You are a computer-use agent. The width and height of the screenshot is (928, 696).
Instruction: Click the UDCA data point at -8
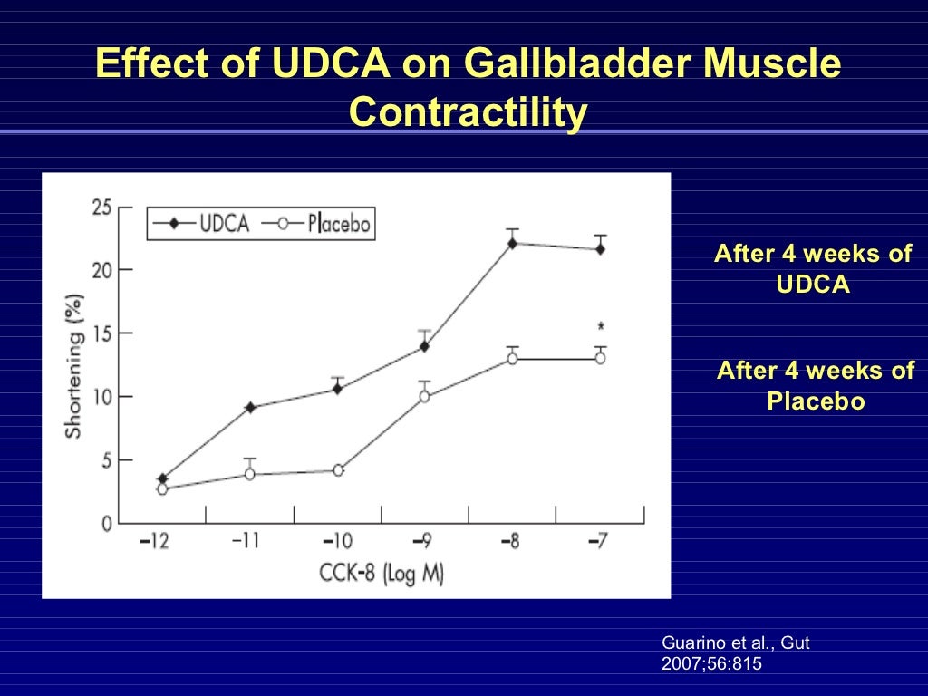pyautogui.click(x=512, y=243)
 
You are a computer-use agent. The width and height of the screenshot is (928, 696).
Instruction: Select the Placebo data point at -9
pyautogui.click(x=424, y=396)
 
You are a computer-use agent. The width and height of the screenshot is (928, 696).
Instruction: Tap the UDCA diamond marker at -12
pyautogui.click(x=162, y=478)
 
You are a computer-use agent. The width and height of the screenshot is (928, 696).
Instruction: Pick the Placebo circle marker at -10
pyautogui.click(x=338, y=470)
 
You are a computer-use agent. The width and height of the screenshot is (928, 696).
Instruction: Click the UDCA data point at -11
pyautogui.click(x=249, y=408)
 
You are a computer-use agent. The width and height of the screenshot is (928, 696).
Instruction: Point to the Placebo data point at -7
pyautogui.click(x=600, y=358)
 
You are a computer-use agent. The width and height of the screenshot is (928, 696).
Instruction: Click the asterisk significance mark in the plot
pyautogui.click(x=600, y=327)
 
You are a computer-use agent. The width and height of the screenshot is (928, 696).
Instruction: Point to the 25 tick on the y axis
pyautogui.click(x=101, y=208)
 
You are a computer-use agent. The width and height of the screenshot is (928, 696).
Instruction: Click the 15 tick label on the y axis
pyautogui.click(x=101, y=333)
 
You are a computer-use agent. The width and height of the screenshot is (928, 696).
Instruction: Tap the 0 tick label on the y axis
pyautogui.click(x=106, y=523)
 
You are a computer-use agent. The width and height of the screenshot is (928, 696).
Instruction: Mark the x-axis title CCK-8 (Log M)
pyautogui.click(x=381, y=574)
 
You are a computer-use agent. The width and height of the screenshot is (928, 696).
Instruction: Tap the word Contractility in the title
pyautogui.click(x=468, y=113)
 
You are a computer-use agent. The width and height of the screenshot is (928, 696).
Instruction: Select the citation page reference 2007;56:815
pyautogui.click(x=712, y=663)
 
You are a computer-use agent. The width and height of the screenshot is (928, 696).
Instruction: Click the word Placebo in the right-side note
pyautogui.click(x=816, y=401)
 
